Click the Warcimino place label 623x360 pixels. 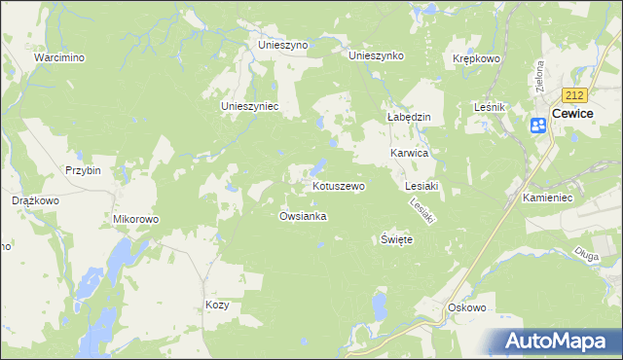pos(58,57)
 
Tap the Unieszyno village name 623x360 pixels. pos(282,45)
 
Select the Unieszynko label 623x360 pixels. pos(376,55)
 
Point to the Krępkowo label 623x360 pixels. pos(476,58)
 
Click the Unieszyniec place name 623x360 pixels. pos(250,106)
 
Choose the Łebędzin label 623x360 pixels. pos(410,116)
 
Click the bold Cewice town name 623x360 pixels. pos(572,113)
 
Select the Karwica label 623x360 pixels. pos(410,154)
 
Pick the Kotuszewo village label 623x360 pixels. pos(338,185)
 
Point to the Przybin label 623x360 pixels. pos(83,169)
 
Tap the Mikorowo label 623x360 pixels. pos(135,219)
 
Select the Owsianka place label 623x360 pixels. pos(303,216)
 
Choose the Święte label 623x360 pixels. pos(396,239)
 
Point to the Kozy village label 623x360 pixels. pos(216,305)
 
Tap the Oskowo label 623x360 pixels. pos(466,307)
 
